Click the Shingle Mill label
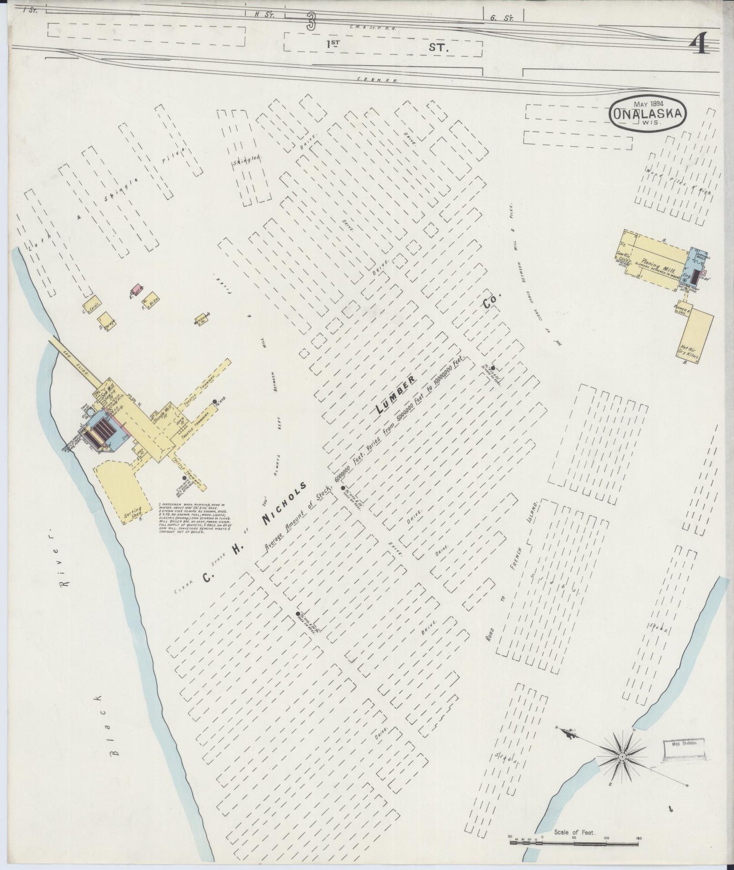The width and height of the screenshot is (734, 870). point(161,413)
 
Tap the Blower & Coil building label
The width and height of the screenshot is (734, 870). point(682,310)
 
